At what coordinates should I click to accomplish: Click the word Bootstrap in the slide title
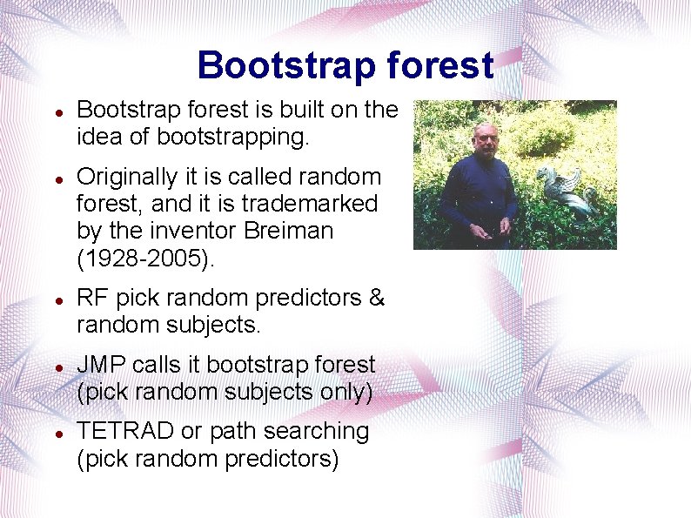(274, 65)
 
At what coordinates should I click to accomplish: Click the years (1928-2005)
(144, 258)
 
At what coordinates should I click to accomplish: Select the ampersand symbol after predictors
(376, 298)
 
